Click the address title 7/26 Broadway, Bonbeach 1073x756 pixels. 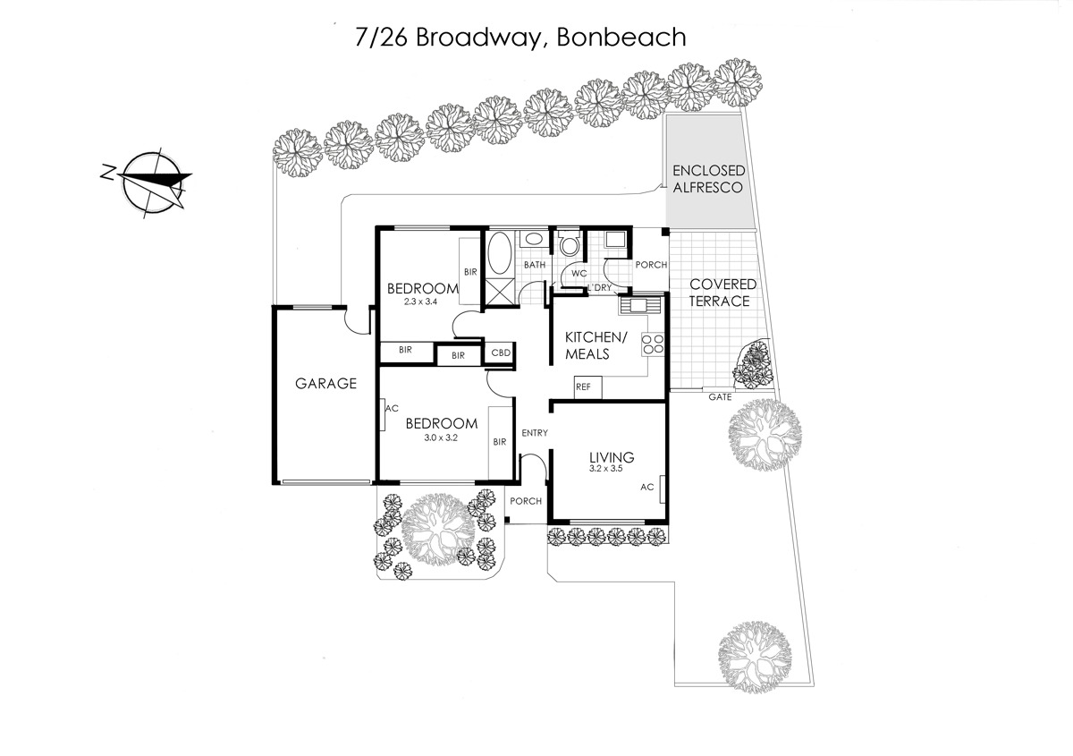[520, 38]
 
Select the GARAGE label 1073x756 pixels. [325, 384]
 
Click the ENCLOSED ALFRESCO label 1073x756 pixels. [708, 179]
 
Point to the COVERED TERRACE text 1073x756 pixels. [722, 293]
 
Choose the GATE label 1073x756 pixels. [720, 397]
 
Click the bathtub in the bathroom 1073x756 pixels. [500, 253]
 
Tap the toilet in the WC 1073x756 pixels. [569, 243]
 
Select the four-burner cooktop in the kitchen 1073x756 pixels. [653, 344]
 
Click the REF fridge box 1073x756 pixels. [587, 387]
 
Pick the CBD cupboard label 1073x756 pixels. [501, 353]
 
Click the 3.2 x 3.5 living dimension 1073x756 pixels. [606, 469]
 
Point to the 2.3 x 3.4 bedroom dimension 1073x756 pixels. [420, 302]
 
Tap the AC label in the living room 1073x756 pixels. [646, 487]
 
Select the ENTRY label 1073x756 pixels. [535, 433]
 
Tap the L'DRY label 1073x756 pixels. [600, 287]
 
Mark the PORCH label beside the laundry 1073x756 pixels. [651, 265]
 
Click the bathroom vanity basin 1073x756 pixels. [532, 239]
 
